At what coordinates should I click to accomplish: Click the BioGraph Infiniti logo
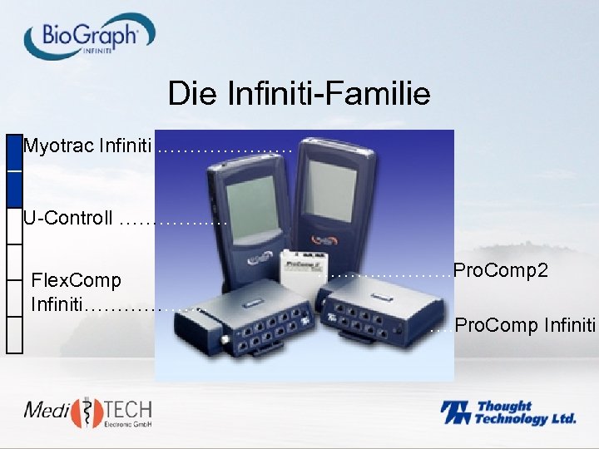click(89, 37)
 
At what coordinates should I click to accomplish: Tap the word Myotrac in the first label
click(58, 147)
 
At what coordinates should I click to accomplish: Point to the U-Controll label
click(68, 219)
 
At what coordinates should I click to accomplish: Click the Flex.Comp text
click(76, 280)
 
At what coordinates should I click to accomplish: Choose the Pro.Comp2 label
click(500, 271)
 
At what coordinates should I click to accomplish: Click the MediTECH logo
click(88, 413)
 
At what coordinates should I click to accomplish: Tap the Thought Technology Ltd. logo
click(508, 412)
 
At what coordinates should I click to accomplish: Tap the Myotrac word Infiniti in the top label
click(125, 147)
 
